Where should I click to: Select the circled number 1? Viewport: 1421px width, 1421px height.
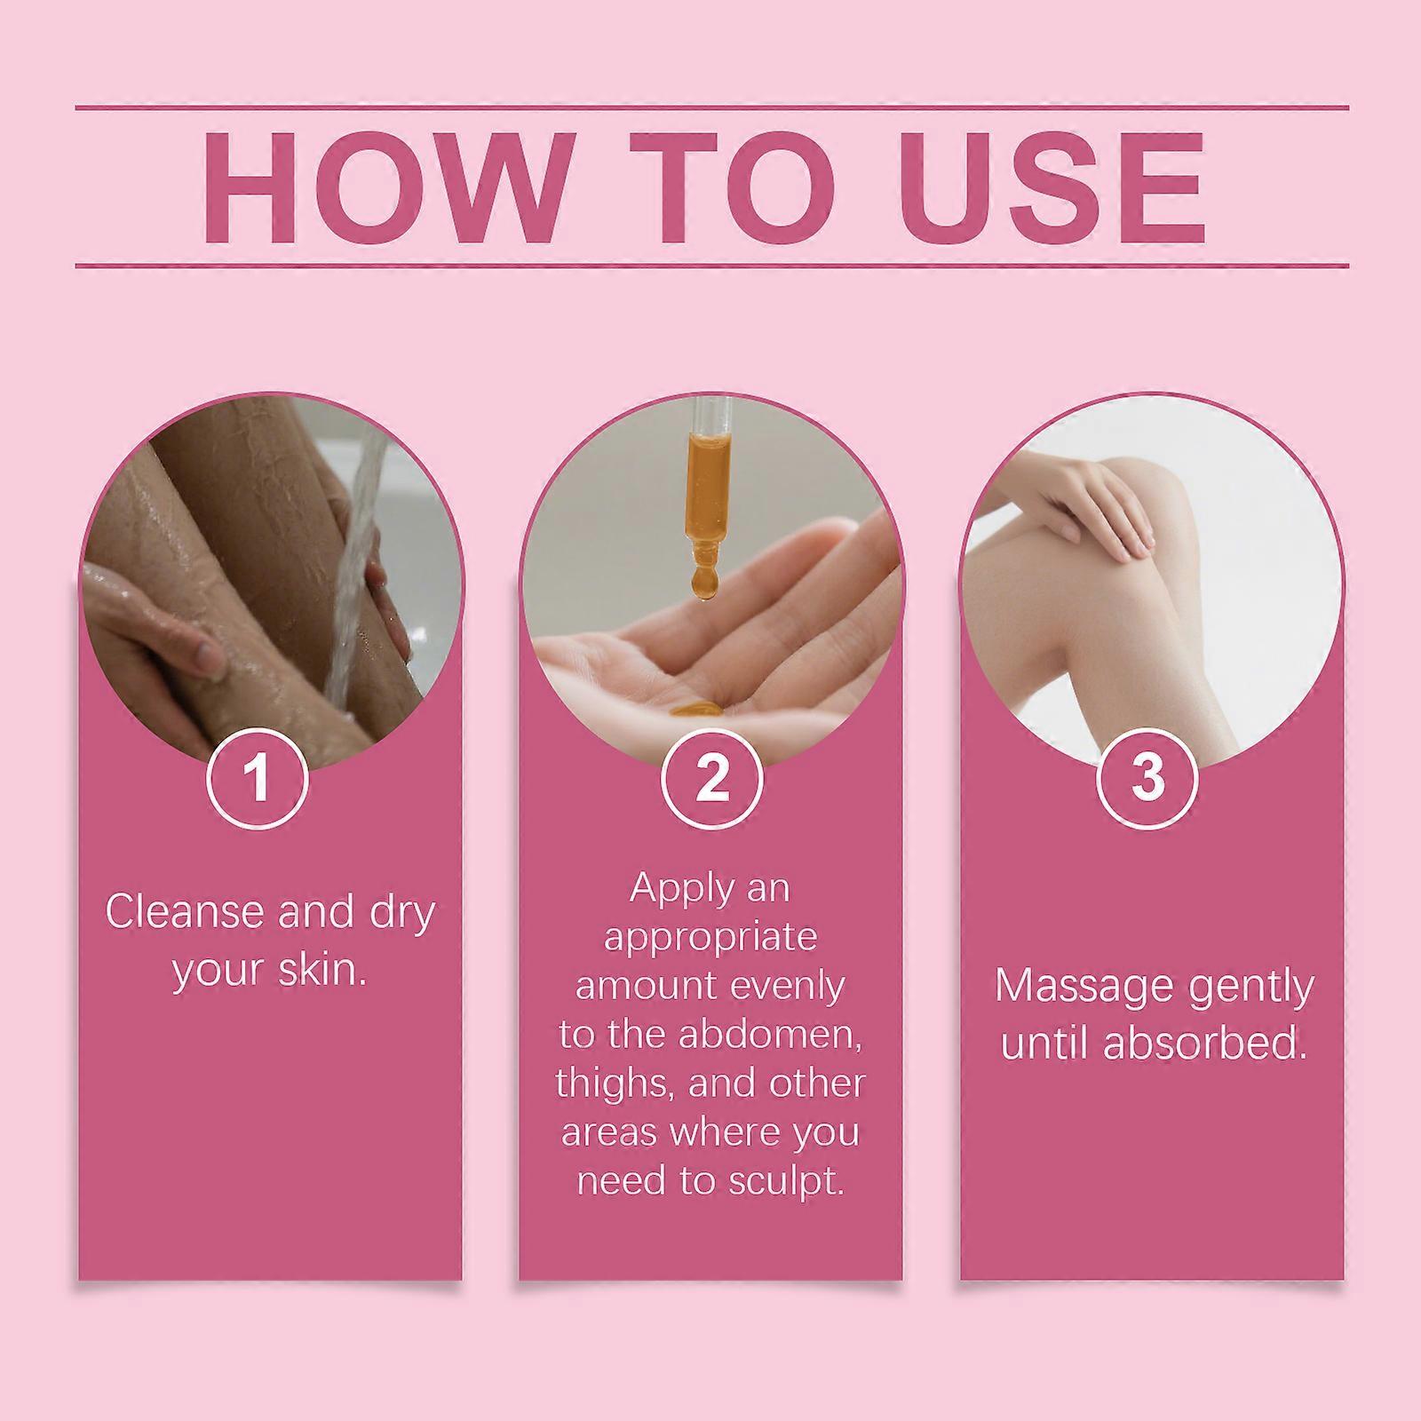(258, 778)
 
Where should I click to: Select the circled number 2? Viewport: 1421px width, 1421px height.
(712, 778)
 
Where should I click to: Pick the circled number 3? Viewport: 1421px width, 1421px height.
(1148, 778)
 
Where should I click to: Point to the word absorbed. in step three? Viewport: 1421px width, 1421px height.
(1206, 1044)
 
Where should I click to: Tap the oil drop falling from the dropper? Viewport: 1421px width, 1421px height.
(704, 582)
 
